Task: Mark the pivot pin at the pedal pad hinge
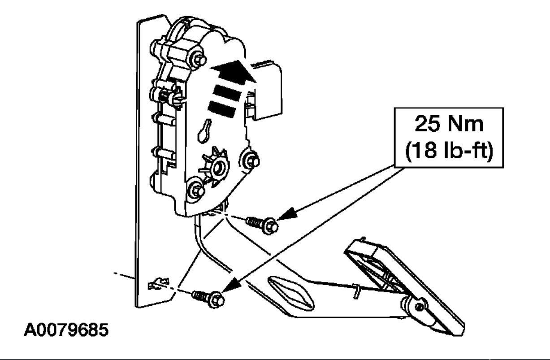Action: point(416,306)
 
